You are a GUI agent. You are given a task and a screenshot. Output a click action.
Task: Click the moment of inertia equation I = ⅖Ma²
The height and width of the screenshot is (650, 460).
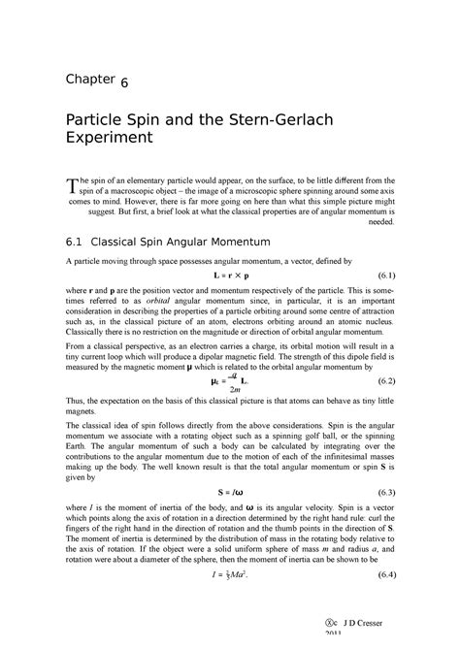click(x=230, y=603)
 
